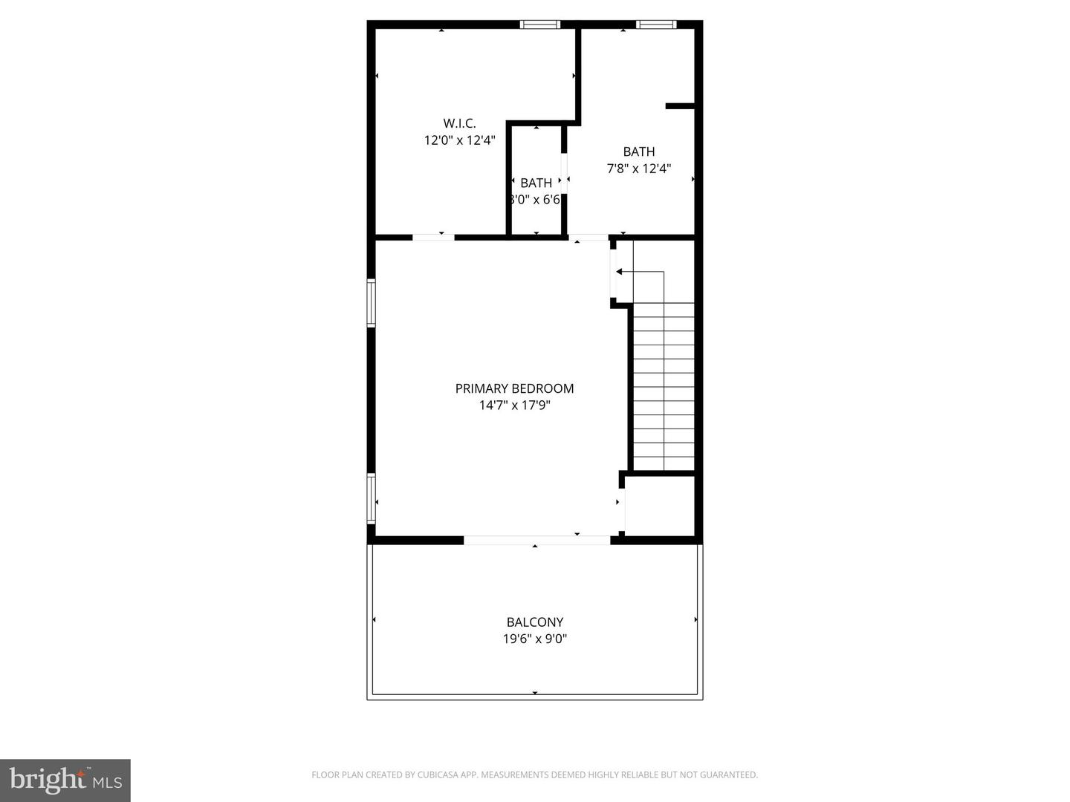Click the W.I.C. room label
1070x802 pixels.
tap(459, 123)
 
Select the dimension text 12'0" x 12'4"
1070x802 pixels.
tap(459, 140)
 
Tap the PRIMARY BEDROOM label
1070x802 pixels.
tap(514, 388)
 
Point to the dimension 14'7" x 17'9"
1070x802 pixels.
tap(514, 405)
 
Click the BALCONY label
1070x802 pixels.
tap(535, 622)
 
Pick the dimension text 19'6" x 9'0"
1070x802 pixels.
tap(535, 639)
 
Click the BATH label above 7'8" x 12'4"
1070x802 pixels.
tap(639, 152)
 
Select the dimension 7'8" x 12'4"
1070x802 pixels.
tap(639, 169)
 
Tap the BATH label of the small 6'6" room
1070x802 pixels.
tap(536, 183)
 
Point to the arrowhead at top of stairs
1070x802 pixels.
tap(619, 272)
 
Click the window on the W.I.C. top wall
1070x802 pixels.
tap(540, 25)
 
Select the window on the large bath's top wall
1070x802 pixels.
tap(657, 25)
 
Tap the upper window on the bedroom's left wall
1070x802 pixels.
tap(371, 302)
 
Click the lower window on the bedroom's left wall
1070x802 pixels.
tap(371, 499)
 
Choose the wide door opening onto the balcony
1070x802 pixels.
tap(536, 540)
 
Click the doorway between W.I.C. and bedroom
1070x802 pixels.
tap(433, 237)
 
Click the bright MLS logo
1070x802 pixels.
tap(65, 780)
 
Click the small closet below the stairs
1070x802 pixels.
tap(659, 504)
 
